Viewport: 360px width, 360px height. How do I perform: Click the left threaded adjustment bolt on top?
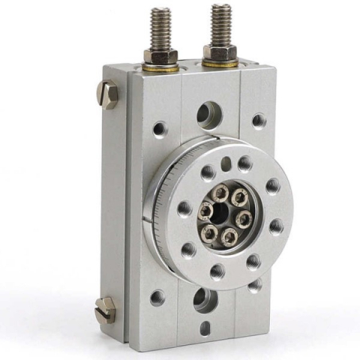pos(161,28)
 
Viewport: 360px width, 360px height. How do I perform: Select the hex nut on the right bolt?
pos(220,53)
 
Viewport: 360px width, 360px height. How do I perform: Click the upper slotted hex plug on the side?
pos(106,95)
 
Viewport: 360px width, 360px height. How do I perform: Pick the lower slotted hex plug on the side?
pos(106,308)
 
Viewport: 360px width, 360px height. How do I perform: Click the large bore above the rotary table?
pos(208,115)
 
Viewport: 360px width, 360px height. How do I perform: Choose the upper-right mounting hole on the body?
pos(259,120)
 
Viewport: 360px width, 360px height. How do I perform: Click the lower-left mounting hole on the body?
pos(157,297)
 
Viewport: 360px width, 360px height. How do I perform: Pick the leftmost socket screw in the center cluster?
pos(204,211)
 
